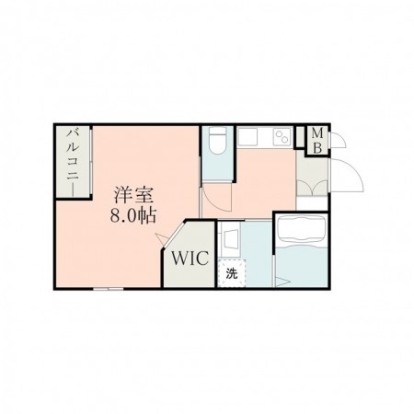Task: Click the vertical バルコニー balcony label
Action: click(74, 163)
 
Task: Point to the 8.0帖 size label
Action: click(133, 215)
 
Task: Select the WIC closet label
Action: click(190, 259)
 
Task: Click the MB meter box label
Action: click(317, 142)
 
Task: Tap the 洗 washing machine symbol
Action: click(232, 273)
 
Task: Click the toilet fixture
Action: click(217, 141)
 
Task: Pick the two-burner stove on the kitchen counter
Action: click(282, 137)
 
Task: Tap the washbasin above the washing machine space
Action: click(231, 240)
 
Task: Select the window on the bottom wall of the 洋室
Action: click(109, 289)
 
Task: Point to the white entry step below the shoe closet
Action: click(312, 203)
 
